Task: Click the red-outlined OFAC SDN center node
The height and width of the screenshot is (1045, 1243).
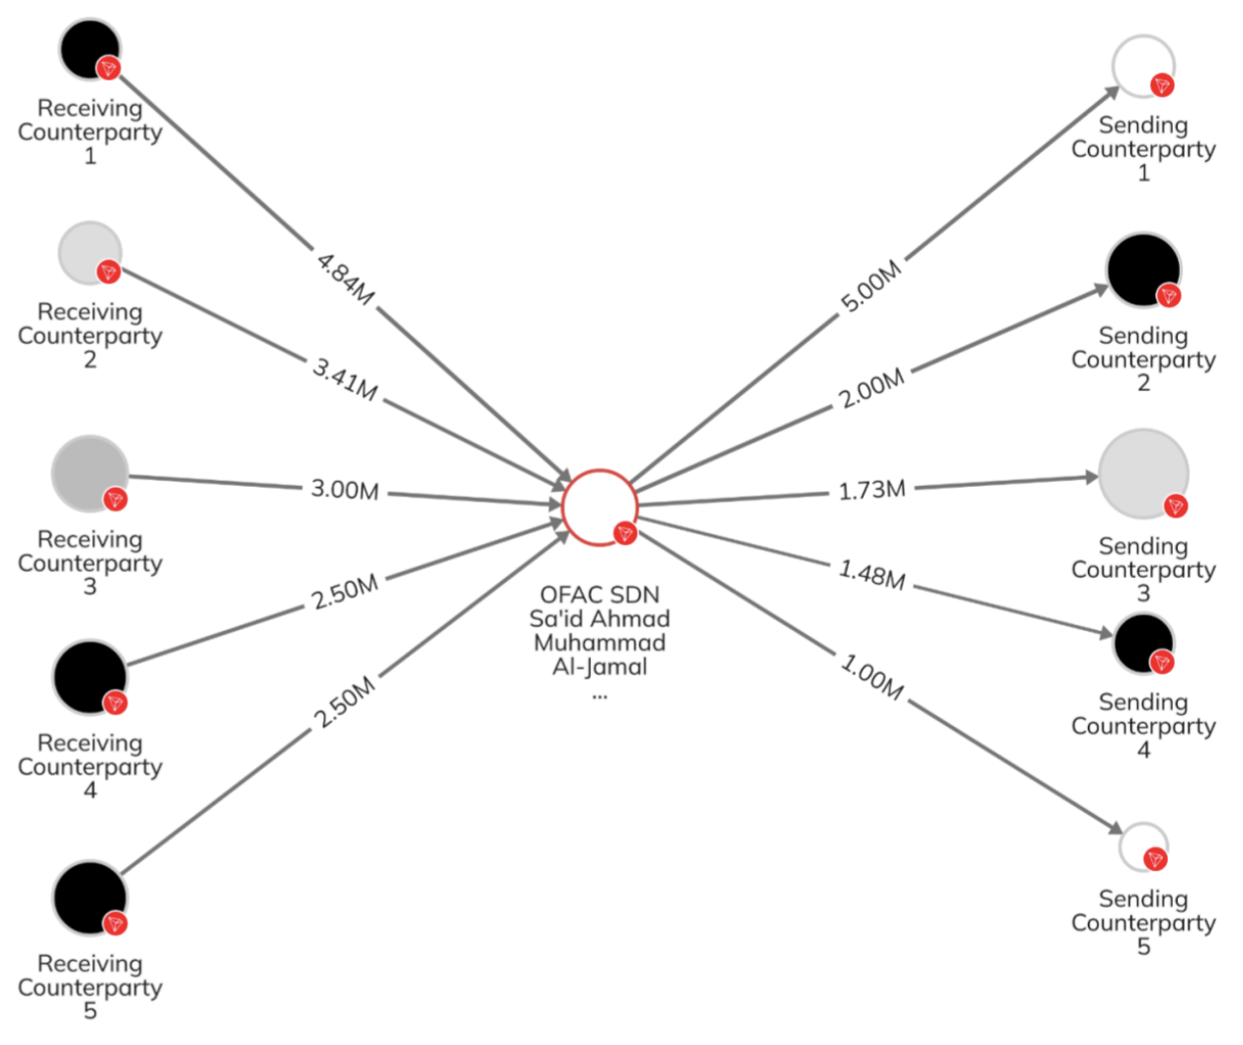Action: pyautogui.click(x=599, y=507)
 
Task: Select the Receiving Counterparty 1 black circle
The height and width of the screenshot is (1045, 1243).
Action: pyautogui.click(x=89, y=48)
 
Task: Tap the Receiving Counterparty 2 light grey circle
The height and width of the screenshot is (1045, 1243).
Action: pyautogui.click(x=89, y=252)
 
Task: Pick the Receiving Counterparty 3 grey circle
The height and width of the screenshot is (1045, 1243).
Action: pyautogui.click(x=89, y=474)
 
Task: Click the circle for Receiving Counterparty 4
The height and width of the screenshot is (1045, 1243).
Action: pyautogui.click(x=89, y=677)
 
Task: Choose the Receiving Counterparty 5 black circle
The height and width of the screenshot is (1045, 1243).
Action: pyautogui.click(x=89, y=897)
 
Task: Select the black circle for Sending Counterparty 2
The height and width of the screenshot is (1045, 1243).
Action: pyautogui.click(x=1143, y=270)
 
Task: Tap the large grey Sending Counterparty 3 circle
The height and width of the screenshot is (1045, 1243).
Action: pyautogui.click(x=1143, y=473)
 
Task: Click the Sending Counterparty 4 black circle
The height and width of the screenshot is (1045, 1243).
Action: pyautogui.click(x=1143, y=643)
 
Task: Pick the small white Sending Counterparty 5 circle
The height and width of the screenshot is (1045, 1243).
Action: pyautogui.click(x=1142, y=846)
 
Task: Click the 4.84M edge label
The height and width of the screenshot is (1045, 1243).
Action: pyautogui.click(x=345, y=279)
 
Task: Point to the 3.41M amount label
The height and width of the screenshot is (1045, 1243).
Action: pyautogui.click(x=345, y=379)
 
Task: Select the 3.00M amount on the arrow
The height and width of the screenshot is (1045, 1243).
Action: pyautogui.click(x=344, y=490)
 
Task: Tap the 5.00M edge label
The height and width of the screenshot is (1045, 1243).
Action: pyautogui.click(x=871, y=286)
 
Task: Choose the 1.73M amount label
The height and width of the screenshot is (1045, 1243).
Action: pyautogui.click(x=871, y=490)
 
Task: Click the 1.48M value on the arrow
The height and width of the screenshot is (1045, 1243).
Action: pyautogui.click(x=871, y=574)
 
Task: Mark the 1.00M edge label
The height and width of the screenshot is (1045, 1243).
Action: pyautogui.click(x=871, y=677)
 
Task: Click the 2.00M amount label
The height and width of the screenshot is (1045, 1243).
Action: pyautogui.click(x=871, y=389)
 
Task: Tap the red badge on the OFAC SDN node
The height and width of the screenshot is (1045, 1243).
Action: pyautogui.click(x=624, y=533)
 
